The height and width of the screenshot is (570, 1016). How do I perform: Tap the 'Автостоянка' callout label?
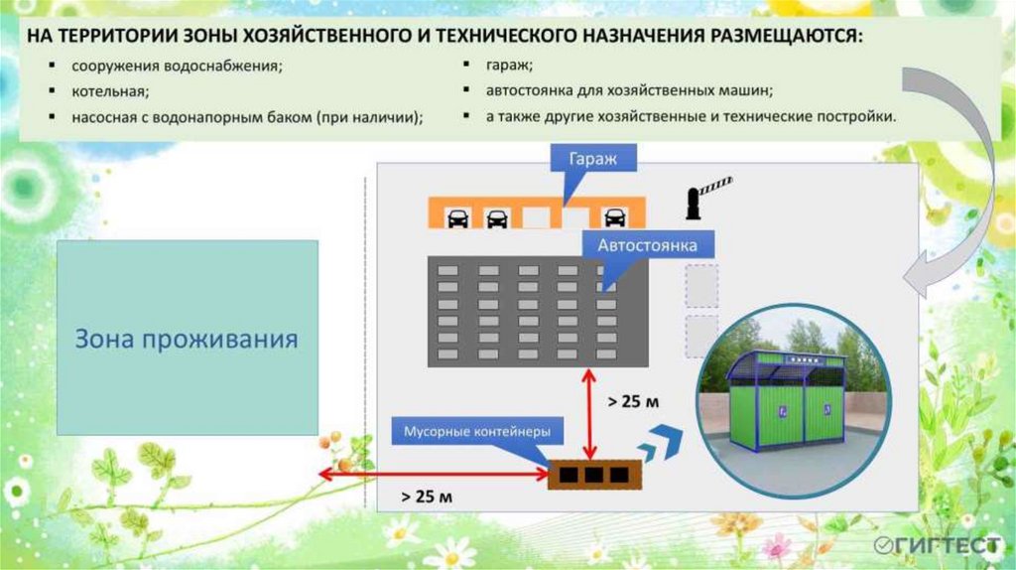(x=648, y=244)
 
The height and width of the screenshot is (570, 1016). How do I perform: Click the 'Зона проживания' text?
(x=188, y=340)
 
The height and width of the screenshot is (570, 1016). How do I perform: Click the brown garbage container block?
(x=590, y=475)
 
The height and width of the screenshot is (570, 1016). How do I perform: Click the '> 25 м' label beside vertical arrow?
(x=632, y=402)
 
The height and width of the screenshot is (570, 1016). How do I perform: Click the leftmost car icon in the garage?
(x=457, y=217)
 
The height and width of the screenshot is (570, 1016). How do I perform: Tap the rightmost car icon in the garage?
(x=615, y=217)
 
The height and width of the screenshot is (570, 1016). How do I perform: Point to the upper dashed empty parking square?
(x=701, y=285)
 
